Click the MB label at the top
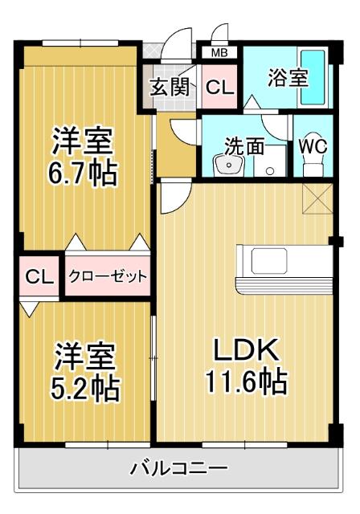(x=219, y=53)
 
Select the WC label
(x=312, y=146)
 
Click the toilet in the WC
(x=312, y=166)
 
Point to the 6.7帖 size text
(x=84, y=172)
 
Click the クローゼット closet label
(x=108, y=277)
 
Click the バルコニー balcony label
(x=179, y=468)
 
